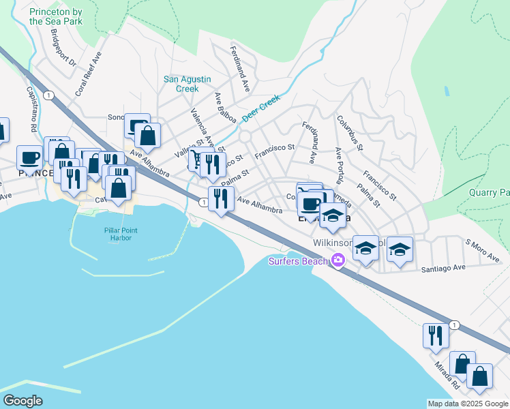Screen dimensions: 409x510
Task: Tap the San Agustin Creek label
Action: click(x=182, y=84)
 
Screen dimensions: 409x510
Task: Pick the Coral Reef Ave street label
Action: click(x=88, y=73)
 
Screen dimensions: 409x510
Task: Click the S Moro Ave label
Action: click(x=483, y=250)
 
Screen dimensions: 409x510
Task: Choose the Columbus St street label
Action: click(x=350, y=132)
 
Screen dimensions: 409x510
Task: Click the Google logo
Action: click(x=22, y=400)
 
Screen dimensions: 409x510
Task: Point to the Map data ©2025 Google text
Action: click(x=468, y=404)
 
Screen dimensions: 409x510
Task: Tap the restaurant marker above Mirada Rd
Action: click(x=435, y=335)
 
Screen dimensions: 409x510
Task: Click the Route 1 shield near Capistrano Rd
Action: click(x=47, y=95)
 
